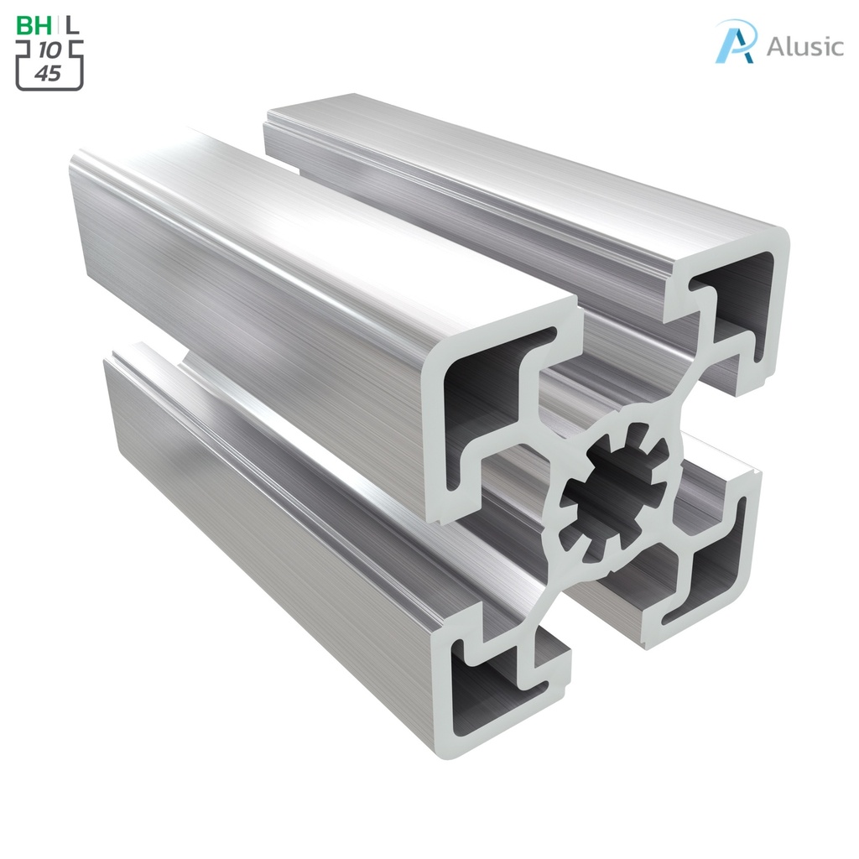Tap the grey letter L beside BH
pyautogui.click(x=74, y=25)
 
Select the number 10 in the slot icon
pyautogui.click(x=49, y=51)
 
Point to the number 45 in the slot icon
pyautogui.click(x=49, y=74)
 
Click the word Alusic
pyautogui.click(x=804, y=46)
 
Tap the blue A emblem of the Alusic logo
pyautogui.click(x=735, y=42)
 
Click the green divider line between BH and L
pyautogui.click(x=59, y=25)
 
